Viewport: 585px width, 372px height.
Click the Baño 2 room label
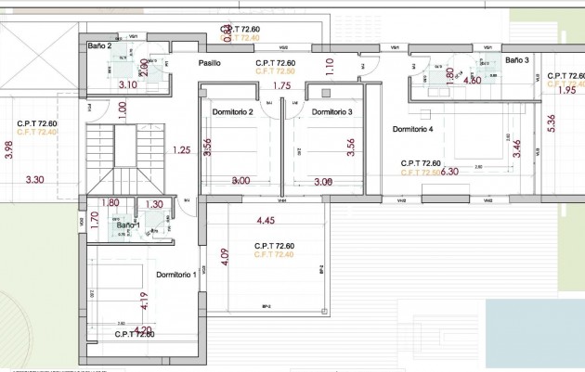[x=99, y=45]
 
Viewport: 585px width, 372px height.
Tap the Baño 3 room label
[x=517, y=60]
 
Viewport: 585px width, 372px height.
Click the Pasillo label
[x=209, y=63]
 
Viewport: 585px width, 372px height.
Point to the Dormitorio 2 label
[x=233, y=112]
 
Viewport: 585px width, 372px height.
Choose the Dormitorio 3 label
[x=331, y=112]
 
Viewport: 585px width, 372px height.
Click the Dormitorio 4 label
[x=413, y=129]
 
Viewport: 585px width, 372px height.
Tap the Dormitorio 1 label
[x=175, y=275]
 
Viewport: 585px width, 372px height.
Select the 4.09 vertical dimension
[x=225, y=257]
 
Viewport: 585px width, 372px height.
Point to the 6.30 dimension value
[x=450, y=172]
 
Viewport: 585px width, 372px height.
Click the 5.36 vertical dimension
[x=552, y=124]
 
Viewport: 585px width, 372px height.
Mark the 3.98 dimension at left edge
[x=9, y=149]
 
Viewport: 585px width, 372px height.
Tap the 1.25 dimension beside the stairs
[x=181, y=149]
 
